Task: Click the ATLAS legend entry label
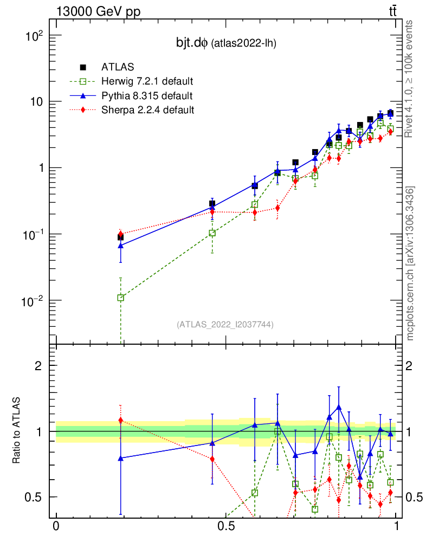(114, 67)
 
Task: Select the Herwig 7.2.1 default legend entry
(147, 82)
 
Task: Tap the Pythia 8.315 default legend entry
(146, 96)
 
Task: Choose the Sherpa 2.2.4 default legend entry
(147, 110)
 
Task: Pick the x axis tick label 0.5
(226, 526)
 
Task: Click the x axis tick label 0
(56, 526)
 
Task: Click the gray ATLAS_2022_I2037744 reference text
(225, 325)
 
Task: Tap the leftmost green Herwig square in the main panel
(120, 298)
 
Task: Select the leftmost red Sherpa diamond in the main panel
(120, 234)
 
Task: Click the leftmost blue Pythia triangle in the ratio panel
(120, 458)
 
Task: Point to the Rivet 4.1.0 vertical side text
(410, 79)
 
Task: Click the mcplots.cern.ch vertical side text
(410, 263)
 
